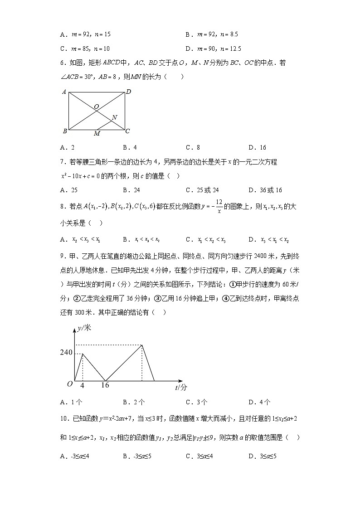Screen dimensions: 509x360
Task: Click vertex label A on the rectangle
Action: [64, 92]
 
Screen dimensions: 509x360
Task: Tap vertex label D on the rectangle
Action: [128, 92]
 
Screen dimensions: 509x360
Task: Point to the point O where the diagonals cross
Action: [96, 107]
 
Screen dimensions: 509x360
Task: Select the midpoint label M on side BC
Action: [97, 134]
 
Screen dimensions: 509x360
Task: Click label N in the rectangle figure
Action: [114, 117]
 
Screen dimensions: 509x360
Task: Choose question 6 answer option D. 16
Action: [257, 147]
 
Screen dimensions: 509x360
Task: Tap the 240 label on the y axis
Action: [66, 353]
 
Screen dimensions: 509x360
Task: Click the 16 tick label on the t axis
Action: [105, 386]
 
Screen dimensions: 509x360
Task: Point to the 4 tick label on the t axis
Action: [82, 386]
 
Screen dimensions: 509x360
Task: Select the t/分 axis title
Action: [180, 387]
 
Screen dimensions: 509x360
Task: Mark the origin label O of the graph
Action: [69, 384]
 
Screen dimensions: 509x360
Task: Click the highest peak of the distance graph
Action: [142, 345]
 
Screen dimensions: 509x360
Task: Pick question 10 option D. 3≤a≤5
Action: [261, 456]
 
